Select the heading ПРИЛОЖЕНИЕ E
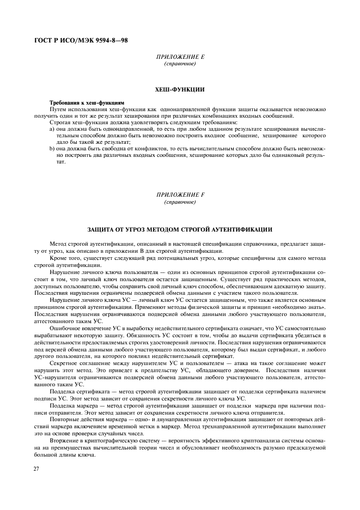pos(180,57)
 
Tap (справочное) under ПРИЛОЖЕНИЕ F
pos(180,202)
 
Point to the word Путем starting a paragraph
pos(59,109)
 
